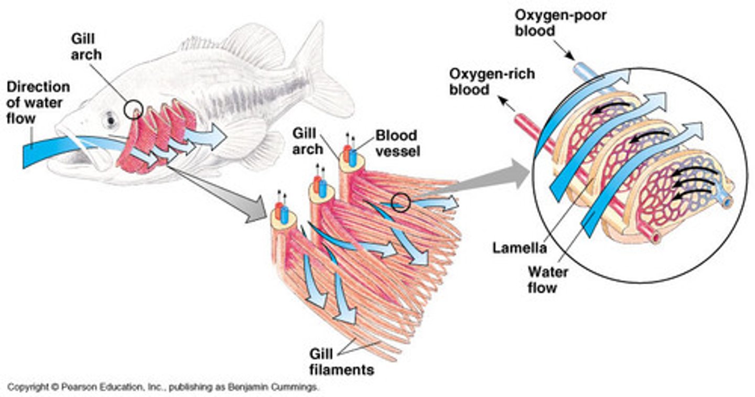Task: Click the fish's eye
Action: pos(110,120)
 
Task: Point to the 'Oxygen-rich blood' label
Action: pos(492,81)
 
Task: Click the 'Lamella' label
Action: pos(519,248)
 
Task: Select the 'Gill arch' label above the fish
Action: pos(87,46)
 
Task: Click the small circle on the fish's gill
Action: pos(133,109)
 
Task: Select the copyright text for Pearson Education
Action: pos(163,388)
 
